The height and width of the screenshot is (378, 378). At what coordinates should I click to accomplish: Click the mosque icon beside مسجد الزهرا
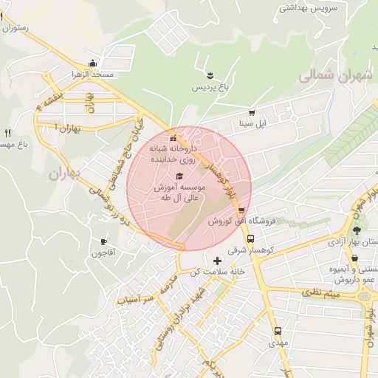coord(91,63)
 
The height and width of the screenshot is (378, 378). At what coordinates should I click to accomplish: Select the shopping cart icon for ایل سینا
coord(252,113)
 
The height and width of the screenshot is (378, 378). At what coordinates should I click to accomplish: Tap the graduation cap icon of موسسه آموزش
coord(179,176)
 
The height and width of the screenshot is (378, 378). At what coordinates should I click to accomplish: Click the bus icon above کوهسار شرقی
coord(251,239)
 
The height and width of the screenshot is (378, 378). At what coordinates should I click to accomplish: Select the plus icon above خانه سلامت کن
coord(216,261)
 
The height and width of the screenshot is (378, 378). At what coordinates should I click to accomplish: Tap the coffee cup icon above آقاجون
coord(103,241)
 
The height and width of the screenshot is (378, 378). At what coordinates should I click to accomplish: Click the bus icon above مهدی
coord(278,331)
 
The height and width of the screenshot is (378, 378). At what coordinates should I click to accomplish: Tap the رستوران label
coord(15,27)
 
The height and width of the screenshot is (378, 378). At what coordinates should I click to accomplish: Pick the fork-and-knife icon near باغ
coord(7,134)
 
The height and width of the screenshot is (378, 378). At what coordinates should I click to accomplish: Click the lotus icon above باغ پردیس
coord(210,75)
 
